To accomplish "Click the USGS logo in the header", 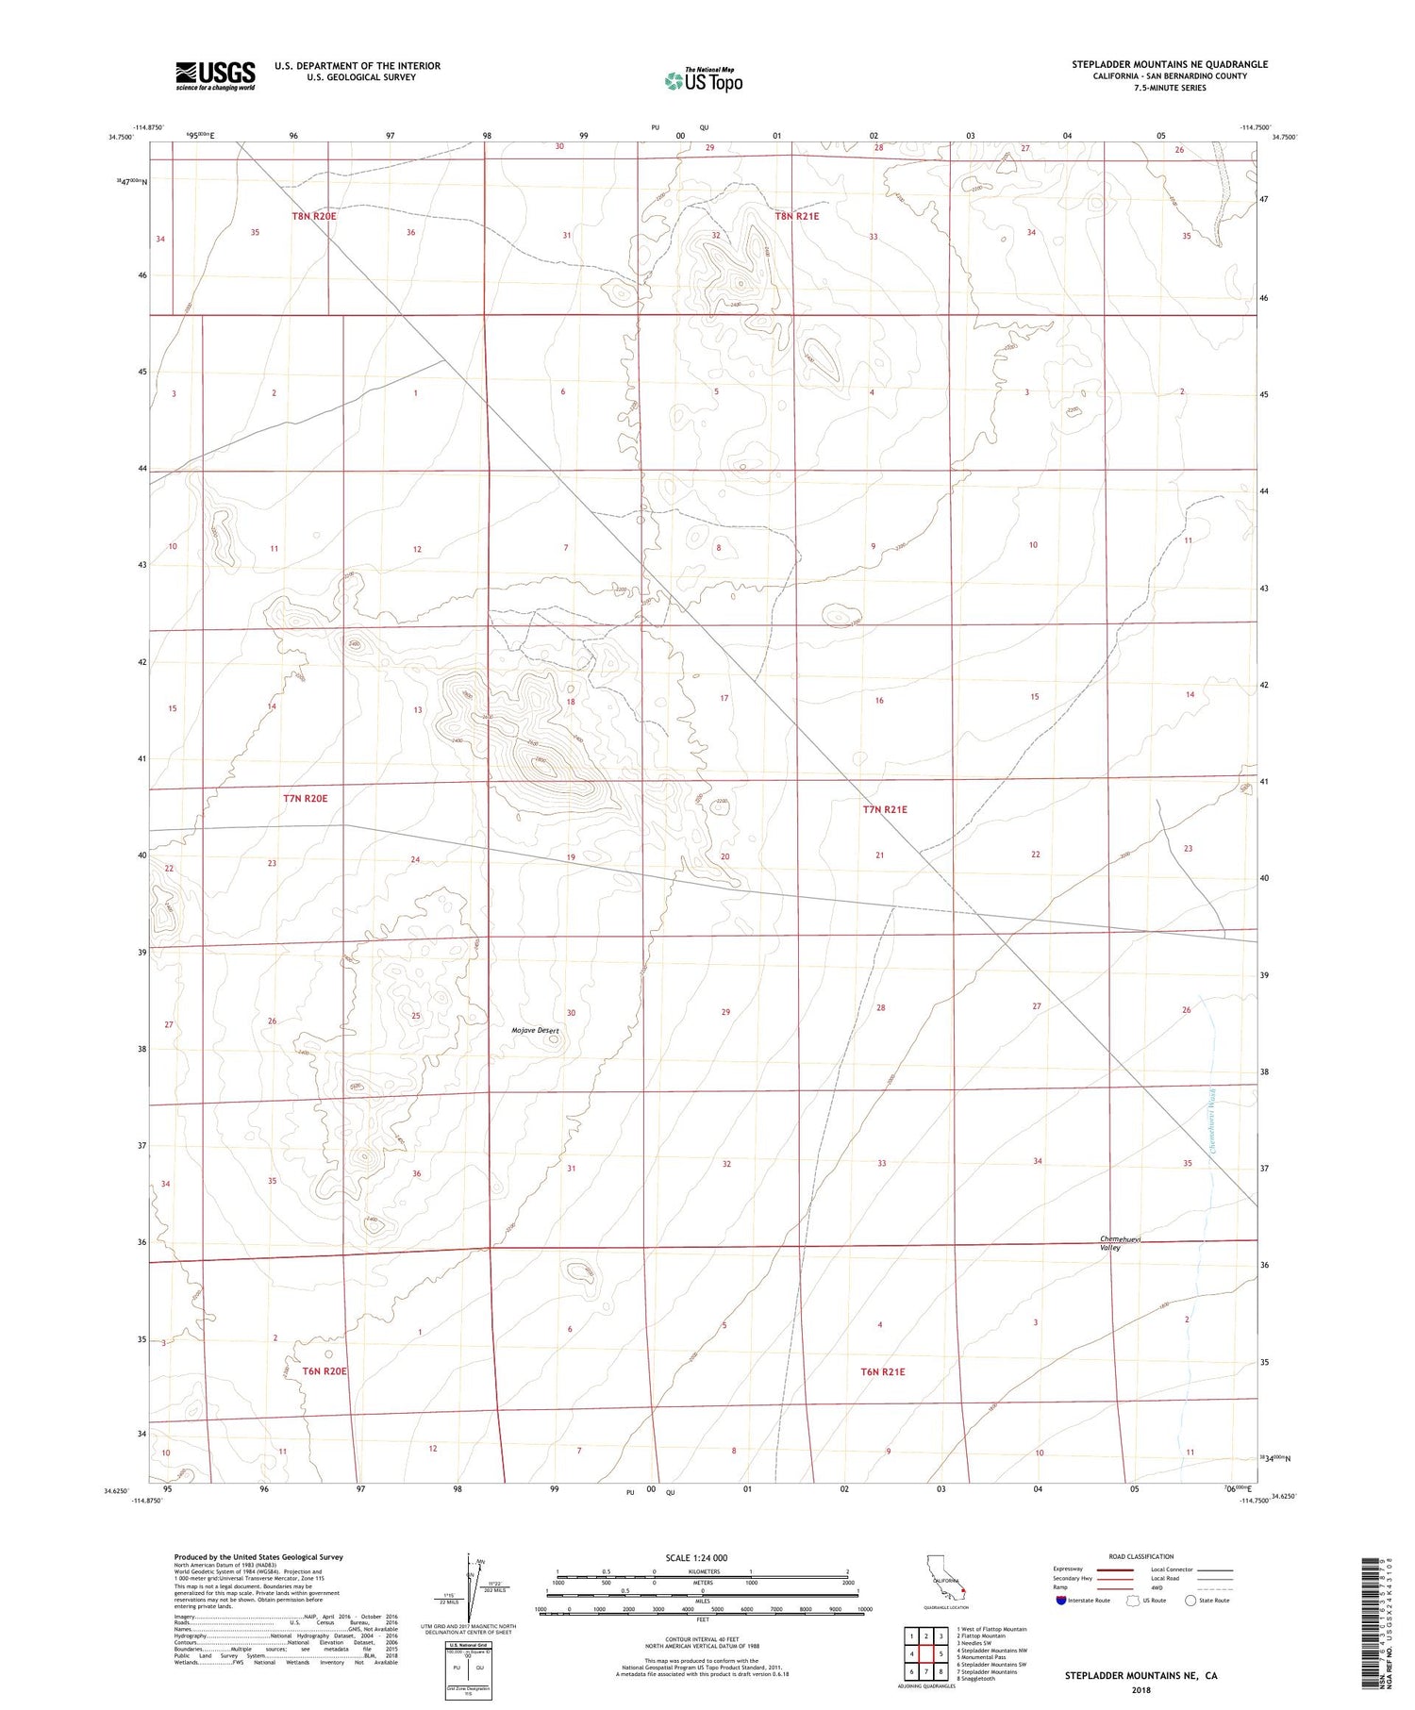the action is [x=215, y=75].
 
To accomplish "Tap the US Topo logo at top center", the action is [x=704, y=81].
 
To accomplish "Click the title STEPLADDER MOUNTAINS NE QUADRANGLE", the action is [x=1169, y=64].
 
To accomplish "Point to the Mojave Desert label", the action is [x=535, y=1031].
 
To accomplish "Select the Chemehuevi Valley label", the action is [x=1120, y=1243].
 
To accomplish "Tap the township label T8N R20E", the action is [x=313, y=216].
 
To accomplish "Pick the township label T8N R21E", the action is [x=797, y=216].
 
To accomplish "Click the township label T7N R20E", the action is [x=306, y=799].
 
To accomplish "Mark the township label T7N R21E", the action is [x=885, y=809].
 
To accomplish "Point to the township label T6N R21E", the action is [x=881, y=1372].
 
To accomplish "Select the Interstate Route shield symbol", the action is [x=1061, y=1601].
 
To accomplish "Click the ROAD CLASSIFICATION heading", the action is [x=1141, y=1556].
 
